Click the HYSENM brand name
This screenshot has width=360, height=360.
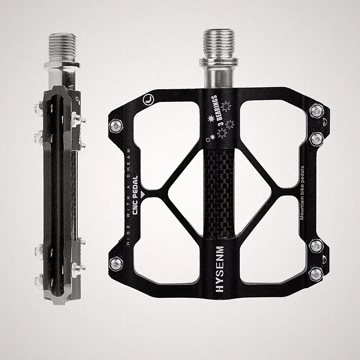point(220,269)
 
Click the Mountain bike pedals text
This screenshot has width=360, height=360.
point(302,193)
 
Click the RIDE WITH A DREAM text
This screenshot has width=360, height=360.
point(129,197)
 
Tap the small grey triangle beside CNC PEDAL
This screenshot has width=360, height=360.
point(143,194)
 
